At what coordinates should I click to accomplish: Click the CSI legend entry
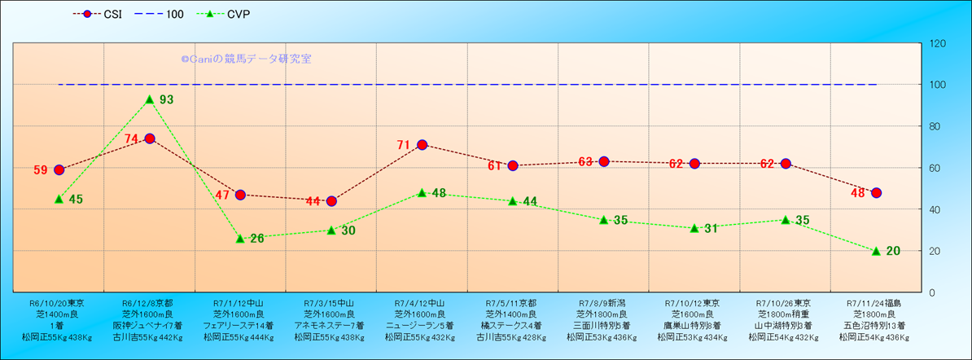(x=101, y=14)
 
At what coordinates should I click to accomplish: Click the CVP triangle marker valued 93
(x=150, y=99)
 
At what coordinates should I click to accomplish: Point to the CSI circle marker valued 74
(x=150, y=138)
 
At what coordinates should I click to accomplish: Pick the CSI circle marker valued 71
(x=422, y=145)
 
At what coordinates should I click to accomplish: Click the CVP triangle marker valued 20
(x=876, y=251)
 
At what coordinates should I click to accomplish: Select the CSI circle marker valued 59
(x=59, y=170)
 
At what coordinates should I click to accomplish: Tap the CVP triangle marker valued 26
(x=240, y=239)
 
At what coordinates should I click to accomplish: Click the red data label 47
(x=222, y=195)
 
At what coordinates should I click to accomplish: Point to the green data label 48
(x=439, y=194)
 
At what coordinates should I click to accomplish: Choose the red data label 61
(x=495, y=166)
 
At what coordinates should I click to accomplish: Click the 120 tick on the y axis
(x=935, y=43)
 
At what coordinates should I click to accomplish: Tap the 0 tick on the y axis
(x=930, y=292)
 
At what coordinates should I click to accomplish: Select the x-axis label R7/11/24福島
(x=873, y=302)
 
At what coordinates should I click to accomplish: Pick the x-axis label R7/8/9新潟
(x=602, y=302)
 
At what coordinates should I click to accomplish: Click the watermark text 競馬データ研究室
(x=268, y=59)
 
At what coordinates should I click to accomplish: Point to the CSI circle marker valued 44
(x=331, y=201)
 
